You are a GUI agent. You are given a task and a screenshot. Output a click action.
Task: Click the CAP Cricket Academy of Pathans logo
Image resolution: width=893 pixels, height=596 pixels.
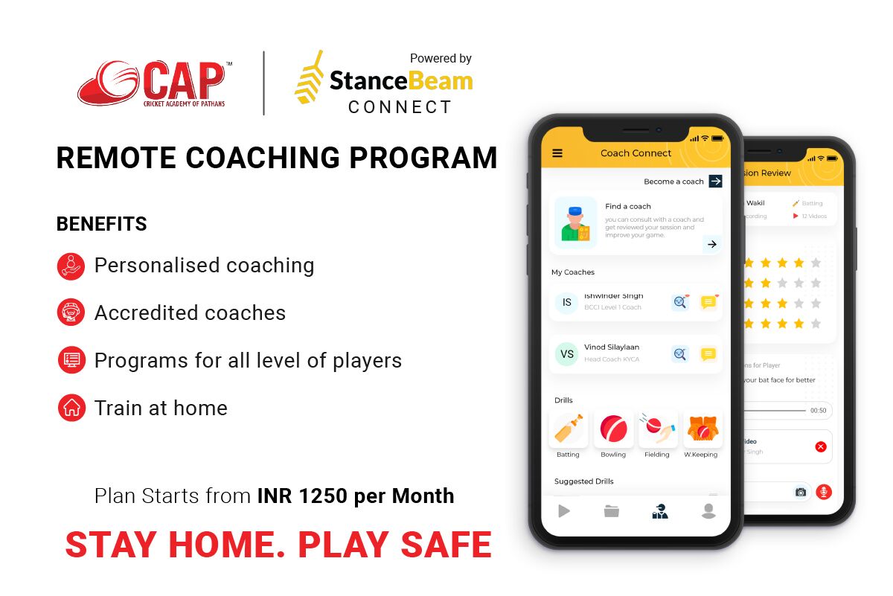[x=153, y=84]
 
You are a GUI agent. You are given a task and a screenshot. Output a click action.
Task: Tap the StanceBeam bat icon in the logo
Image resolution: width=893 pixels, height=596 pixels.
[x=309, y=77]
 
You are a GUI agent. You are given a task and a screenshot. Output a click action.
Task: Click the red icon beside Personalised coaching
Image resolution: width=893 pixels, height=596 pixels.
[x=71, y=266]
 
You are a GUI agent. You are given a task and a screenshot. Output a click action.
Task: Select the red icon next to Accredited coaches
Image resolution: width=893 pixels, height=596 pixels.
[x=71, y=313]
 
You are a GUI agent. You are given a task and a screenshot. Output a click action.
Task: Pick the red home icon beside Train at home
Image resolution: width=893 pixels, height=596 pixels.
[x=71, y=408]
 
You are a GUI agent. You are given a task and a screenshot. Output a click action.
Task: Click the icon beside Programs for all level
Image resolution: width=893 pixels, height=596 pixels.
[x=71, y=360]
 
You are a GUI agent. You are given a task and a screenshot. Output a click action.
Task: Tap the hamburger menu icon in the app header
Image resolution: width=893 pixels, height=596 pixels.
[x=557, y=153]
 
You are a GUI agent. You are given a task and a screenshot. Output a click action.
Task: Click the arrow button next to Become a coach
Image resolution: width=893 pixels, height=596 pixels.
[x=715, y=182]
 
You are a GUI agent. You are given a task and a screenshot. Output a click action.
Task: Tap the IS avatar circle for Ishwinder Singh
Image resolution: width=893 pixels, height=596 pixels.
[x=567, y=302]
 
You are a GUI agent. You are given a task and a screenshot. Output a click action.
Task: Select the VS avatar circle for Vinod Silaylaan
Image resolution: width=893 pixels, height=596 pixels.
[x=567, y=354]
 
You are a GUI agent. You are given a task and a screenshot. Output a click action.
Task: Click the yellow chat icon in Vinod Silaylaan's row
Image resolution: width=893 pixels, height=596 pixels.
[x=708, y=354]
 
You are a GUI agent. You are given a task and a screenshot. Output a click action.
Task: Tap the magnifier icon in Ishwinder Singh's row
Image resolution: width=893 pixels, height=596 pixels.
[x=680, y=302]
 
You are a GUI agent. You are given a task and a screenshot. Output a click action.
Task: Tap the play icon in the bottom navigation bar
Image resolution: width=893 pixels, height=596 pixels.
[x=564, y=511]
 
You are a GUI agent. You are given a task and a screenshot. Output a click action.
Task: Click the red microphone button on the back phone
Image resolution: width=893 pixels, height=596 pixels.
[x=823, y=492]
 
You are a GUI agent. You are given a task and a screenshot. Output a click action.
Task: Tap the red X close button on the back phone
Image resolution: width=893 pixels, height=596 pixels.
[x=820, y=446]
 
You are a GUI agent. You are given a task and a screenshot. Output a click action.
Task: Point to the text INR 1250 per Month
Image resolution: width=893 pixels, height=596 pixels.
[x=356, y=496]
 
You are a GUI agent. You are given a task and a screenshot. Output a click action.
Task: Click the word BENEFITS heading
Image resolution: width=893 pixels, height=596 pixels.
[x=102, y=224]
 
